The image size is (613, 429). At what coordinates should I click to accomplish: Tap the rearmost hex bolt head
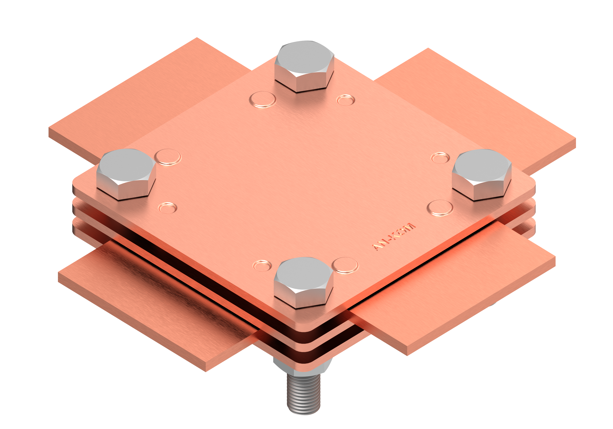pyautogui.click(x=304, y=66)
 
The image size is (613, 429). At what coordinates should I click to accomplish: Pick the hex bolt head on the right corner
pyautogui.click(x=482, y=175)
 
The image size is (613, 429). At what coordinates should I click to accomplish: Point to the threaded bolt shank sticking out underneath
pyautogui.click(x=304, y=394)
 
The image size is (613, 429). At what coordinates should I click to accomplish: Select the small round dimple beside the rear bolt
pyautogui.click(x=346, y=100)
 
